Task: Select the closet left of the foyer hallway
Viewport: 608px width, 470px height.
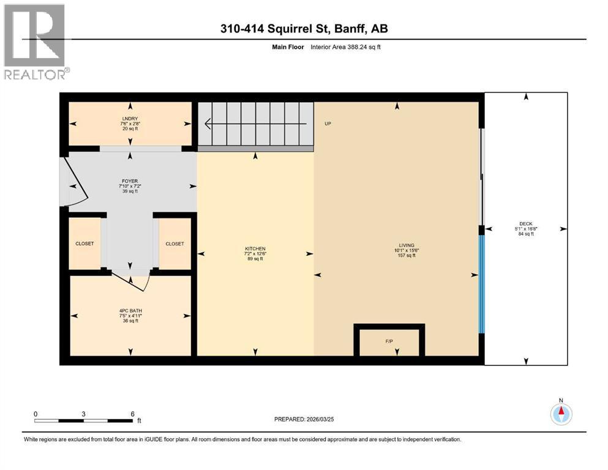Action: (x=84, y=244)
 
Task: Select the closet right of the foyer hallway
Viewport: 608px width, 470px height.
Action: (x=175, y=244)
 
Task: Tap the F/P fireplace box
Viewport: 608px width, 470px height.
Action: (x=389, y=340)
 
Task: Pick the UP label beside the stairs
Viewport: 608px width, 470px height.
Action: (x=328, y=124)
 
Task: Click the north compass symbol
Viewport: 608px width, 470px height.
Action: (x=560, y=414)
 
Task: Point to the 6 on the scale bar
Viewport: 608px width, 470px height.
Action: (x=132, y=414)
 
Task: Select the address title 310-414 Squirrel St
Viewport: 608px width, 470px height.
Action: (x=304, y=28)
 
